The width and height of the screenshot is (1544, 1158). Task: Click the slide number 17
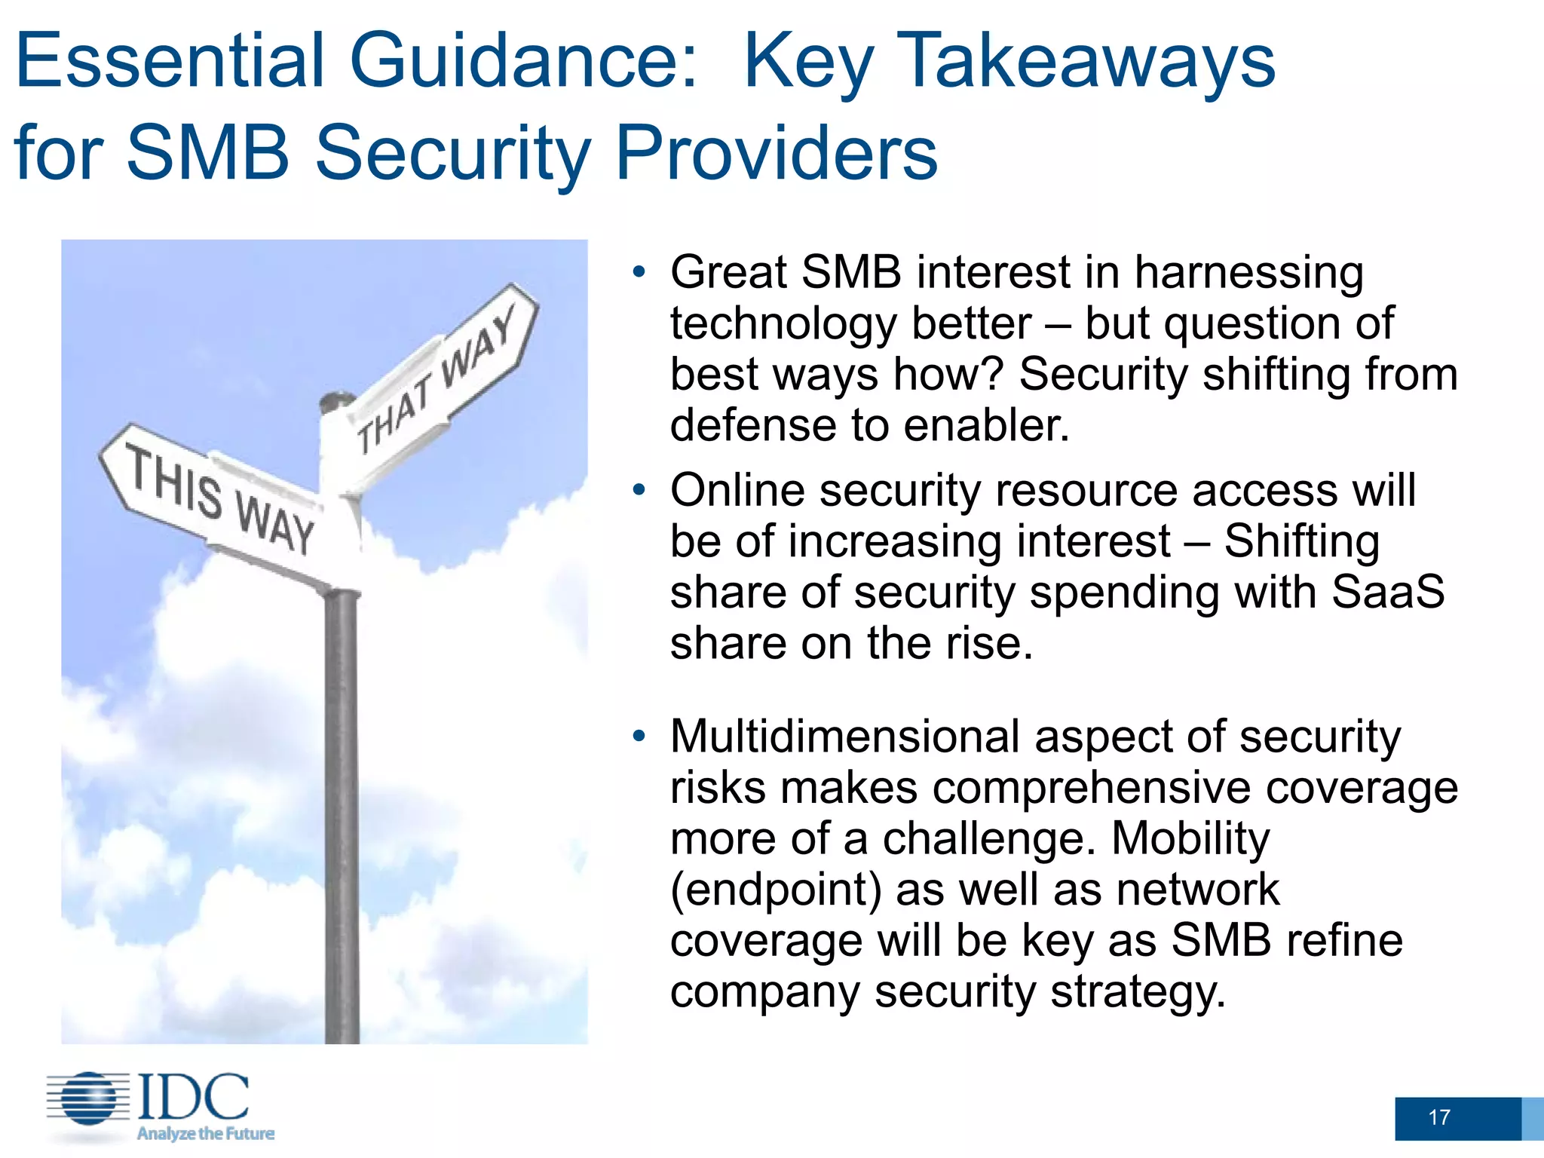(x=1438, y=1117)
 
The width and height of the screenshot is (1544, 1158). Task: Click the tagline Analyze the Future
(x=205, y=1133)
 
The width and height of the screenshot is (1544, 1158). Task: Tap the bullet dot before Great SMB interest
(x=639, y=272)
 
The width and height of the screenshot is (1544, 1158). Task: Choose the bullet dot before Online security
(x=639, y=491)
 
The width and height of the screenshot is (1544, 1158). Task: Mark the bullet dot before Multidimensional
(x=639, y=737)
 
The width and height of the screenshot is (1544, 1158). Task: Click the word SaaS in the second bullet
(x=1388, y=592)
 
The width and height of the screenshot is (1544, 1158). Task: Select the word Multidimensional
(x=844, y=737)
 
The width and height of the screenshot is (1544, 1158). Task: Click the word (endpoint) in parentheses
(x=776, y=890)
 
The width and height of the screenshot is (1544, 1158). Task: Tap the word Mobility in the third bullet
(x=1190, y=838)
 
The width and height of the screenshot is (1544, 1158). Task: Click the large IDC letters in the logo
(x=193, y=1097)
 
